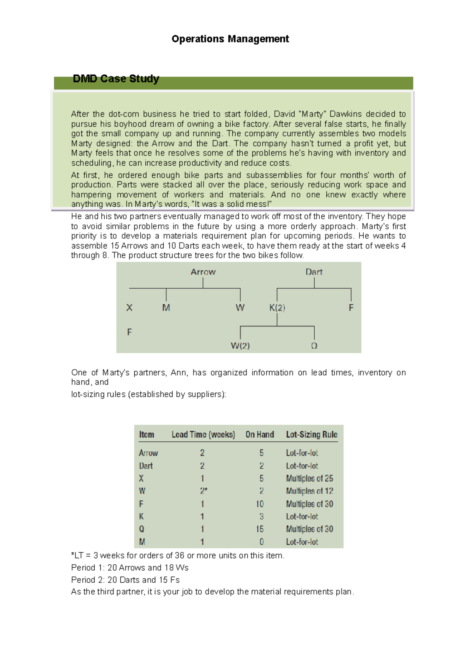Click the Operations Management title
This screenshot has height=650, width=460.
230,39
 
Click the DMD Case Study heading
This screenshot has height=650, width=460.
116,79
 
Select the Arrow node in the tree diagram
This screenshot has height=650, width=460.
203,272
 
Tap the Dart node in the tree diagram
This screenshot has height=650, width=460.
314,272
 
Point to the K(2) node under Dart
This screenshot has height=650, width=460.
277,308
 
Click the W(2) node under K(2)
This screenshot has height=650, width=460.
240,346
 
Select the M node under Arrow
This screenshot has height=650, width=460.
166,308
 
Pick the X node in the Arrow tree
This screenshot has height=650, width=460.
129,308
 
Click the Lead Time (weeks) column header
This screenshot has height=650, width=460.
203,434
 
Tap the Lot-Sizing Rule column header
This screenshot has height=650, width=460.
311,434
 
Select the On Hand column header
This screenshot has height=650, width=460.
260,434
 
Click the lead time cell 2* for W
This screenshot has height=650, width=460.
203,491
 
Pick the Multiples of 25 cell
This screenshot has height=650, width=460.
309,479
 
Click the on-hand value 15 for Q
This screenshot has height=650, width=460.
260,529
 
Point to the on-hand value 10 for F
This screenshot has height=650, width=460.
260,504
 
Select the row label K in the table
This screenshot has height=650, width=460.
141,516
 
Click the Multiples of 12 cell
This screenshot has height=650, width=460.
309,491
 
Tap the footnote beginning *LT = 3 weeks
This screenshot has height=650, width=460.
178,555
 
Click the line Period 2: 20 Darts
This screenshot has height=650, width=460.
125,580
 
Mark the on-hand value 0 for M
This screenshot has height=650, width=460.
261,542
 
